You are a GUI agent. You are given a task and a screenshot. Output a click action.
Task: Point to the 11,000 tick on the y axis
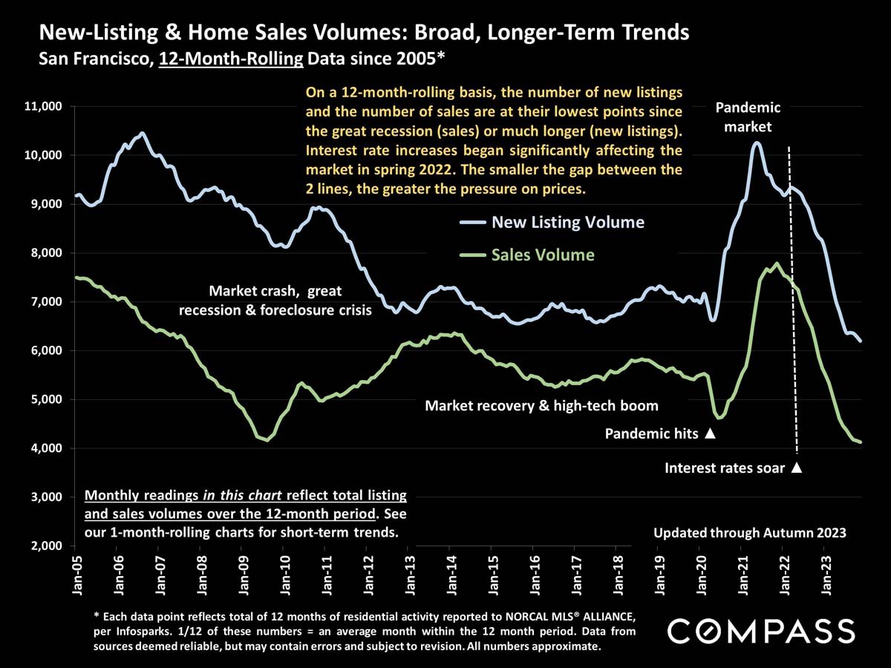tap(42, 107)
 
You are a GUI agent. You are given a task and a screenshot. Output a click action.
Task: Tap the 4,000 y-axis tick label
tap(45, 448)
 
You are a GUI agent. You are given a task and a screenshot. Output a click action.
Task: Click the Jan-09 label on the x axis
tap(243, 571)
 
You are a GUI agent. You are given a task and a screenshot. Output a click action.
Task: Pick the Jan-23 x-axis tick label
tap(826, 571)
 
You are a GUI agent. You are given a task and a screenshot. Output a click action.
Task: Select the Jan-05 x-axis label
tap(76, 571)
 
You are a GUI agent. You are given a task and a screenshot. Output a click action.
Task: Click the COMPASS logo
tap(761, 632)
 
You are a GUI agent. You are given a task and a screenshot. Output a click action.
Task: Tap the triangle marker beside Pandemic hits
tap(710, 433)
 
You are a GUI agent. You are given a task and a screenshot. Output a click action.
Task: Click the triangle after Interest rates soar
tap(797, 468)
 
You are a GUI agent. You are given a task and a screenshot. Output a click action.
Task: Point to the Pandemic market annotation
tap(748, 117)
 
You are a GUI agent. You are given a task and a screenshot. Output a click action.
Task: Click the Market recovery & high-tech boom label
tap(541, 406)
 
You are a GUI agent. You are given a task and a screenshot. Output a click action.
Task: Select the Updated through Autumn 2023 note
tap(750, 532)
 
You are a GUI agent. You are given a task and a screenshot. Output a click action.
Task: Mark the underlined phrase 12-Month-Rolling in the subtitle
tap(230, 57)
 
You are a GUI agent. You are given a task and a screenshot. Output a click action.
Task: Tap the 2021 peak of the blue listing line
tap(757, 143)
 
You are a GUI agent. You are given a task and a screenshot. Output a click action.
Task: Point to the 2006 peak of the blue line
tap(142, 134)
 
